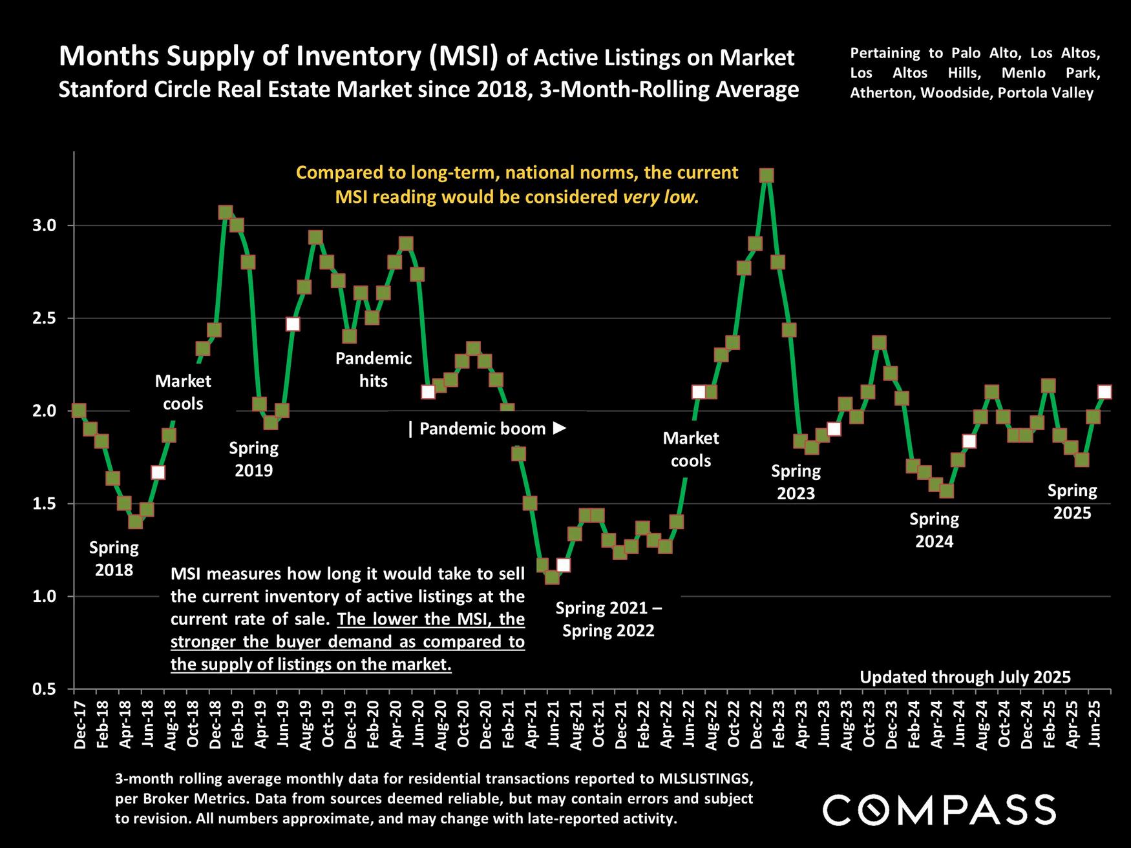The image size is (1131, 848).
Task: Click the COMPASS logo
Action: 939,810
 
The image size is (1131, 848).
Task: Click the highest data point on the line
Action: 766,176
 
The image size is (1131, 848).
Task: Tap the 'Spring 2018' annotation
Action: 114,559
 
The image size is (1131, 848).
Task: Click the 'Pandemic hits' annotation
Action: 373,369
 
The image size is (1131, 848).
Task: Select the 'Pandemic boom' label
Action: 487,429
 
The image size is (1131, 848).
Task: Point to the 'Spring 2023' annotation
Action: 796,482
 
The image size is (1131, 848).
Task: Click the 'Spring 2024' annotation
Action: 934,530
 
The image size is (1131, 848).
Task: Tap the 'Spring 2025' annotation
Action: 1072,502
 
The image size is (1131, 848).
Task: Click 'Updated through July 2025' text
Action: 965,677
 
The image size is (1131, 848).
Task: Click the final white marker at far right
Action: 1105,392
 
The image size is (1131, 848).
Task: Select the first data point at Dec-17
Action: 79,411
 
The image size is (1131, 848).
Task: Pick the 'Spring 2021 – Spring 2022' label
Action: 608,619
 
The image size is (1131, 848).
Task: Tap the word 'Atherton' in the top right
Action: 882,93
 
